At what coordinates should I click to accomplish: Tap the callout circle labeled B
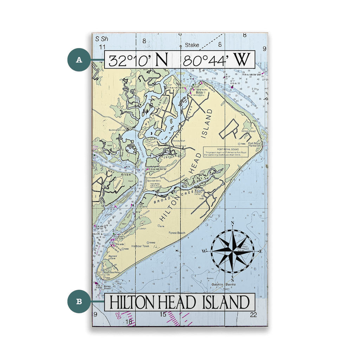(x=79, y=301)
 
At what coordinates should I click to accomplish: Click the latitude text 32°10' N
(x=138, y=60)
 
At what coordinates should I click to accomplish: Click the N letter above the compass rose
(x=232, y=224)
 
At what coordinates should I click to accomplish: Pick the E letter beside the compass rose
(x=261, y=251)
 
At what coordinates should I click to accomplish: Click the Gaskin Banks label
(x=227, y=284)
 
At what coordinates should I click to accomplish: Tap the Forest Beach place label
(x=176, y=233)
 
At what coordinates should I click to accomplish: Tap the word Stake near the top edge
(x=192, y=45)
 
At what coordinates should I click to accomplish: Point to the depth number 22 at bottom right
(x=254, y=314)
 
